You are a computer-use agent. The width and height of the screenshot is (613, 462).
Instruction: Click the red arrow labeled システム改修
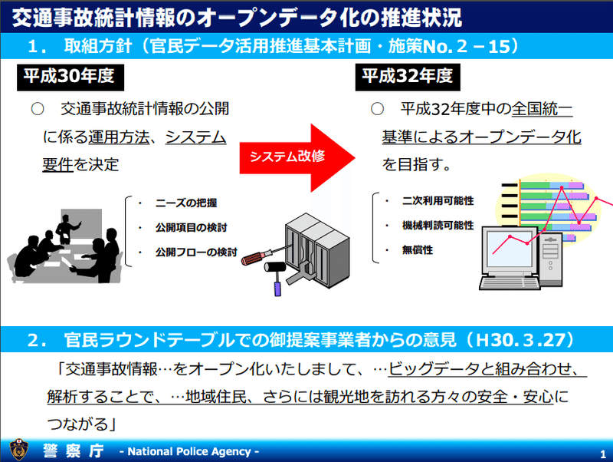coord(297,158)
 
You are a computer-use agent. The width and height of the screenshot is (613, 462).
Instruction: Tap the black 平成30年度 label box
coord(70,78)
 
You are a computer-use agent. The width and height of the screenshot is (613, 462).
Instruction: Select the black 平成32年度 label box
coord(408,78)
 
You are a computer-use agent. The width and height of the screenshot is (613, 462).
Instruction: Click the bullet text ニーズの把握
coord(185,203)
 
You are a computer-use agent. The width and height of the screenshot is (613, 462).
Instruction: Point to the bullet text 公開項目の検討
coord(191,227)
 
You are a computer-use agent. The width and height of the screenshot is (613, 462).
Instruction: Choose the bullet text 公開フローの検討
coord(196,252)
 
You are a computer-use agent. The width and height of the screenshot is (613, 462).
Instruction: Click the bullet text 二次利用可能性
coord(438,201)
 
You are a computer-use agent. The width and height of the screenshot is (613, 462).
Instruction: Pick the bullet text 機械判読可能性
coord(438,226)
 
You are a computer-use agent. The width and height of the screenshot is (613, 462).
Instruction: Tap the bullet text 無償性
coord(418,249)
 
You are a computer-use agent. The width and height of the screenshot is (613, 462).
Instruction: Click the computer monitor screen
coord(510,249)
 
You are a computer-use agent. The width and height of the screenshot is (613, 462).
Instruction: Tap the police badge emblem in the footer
coord(18,450)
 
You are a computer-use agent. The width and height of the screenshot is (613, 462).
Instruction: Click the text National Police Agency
coord(189,451)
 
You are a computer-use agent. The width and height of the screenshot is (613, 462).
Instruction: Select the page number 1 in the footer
coord(603,454)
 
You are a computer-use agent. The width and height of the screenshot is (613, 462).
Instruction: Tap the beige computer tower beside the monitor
coord(550,259)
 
